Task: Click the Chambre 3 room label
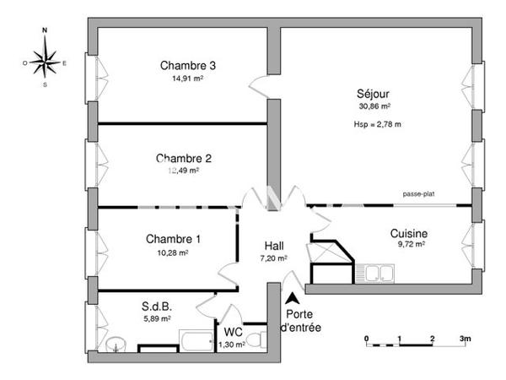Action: pos(189,66)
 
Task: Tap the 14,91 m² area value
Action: pos(187,79)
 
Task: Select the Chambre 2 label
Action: pos(183,158)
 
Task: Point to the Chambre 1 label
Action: pos(174,240)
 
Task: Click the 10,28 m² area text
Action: pos(171,252)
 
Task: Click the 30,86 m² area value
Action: pos(374,107)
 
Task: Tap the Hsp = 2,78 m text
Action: pos(377,124)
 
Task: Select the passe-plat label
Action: pos(418,194)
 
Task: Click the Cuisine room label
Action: pos(409,233)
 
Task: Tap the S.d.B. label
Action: pos(158,308)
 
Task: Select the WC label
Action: pos(233,331)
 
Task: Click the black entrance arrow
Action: pos(292,298)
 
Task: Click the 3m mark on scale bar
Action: pos(465,339)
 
